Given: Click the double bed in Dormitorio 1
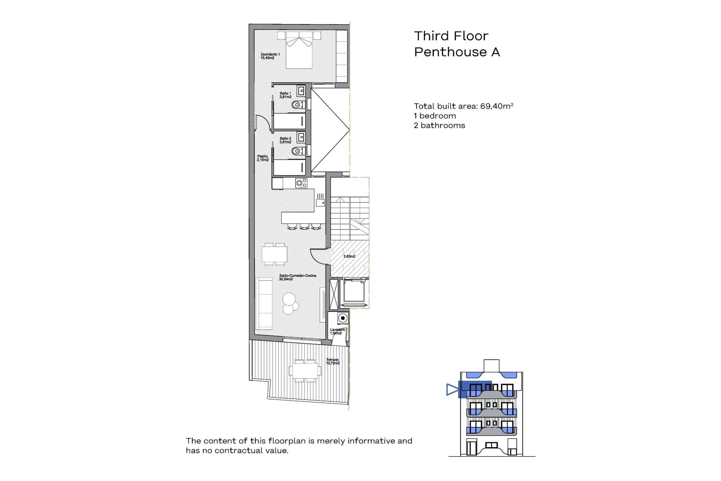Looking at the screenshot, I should pyautogui.click(x=299, y=51).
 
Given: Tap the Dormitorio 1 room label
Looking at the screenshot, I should pyautogui.click(x=270, y=56).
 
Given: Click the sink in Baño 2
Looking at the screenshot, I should pyautogui.click(x=301, y=137).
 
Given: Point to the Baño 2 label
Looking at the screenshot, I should pyautogui.click(x=285, y=140).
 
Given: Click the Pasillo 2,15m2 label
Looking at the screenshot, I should pyautogui.click(x=262, y=158).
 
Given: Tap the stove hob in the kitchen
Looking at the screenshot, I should pyautogui.click(x=301, y=183).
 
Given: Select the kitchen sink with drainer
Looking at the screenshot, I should pyautogui.click(x=320, y=200).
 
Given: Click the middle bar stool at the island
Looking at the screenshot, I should pyautogui.click(x=303, y=226).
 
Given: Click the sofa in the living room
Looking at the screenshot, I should pyautogui.click(x=264, y=304).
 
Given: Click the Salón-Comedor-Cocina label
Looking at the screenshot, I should pyautogui.click(x=297, y=277).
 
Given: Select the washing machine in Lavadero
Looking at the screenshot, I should pyautogui.click(x=342, y=318).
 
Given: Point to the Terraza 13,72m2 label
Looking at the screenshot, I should pyautogui.click(x=332, y=362).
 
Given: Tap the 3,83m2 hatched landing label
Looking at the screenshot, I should pyautogui.click(x=349, y=256).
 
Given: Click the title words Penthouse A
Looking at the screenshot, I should pyautogui.click(x=457, y=52).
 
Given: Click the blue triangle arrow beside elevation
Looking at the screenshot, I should pyautogui.click(x=452, y=389).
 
